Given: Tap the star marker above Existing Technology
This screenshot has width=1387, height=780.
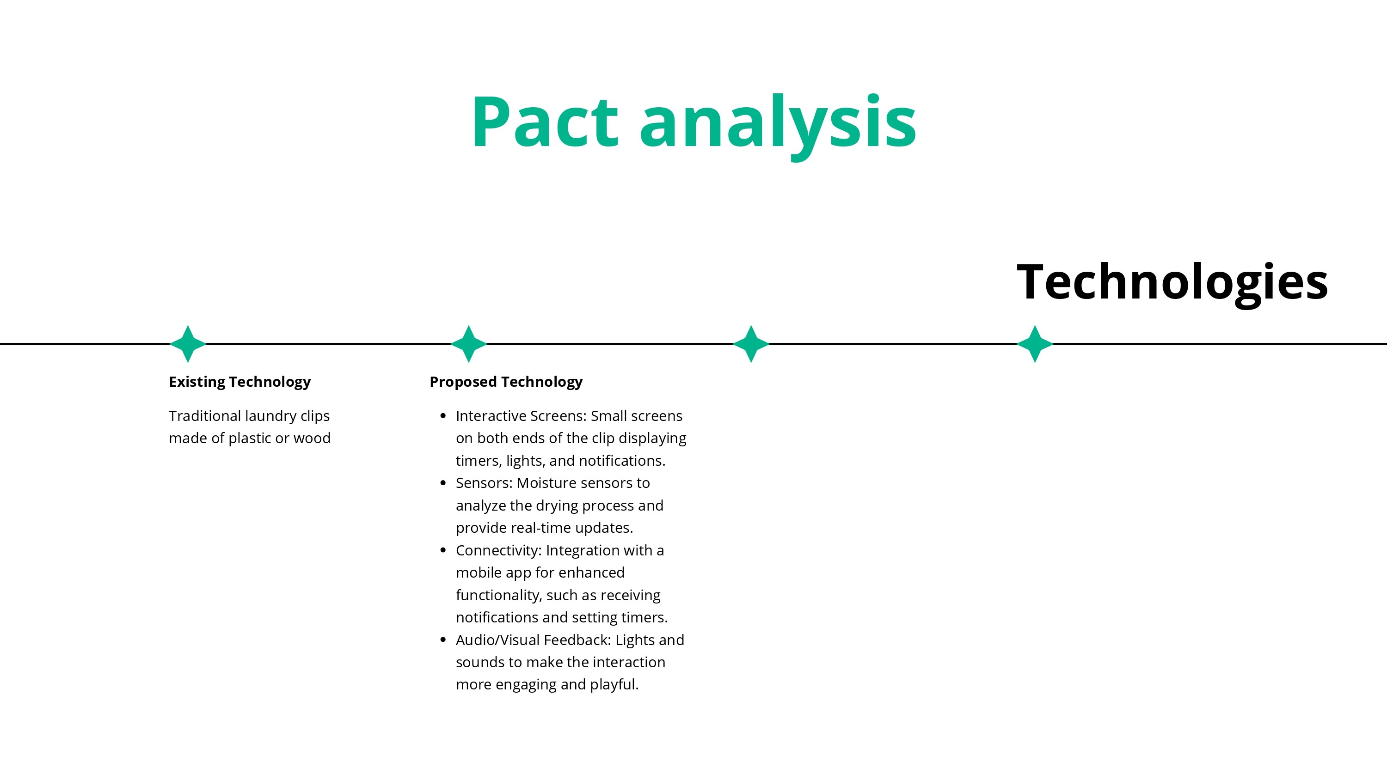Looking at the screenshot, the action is (188, 343).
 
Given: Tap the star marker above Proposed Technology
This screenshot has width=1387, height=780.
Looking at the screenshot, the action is (468, 343).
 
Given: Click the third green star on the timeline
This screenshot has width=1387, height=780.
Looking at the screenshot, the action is (751, 343).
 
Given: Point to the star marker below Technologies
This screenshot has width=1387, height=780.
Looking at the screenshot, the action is (1034, 343).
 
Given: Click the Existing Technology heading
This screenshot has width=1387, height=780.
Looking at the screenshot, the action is (239, 382).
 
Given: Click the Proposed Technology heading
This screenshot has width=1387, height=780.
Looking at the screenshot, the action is (506, 382).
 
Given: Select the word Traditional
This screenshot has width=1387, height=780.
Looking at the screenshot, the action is (205, 416).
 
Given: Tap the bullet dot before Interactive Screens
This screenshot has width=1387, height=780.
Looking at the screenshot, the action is (443, 415).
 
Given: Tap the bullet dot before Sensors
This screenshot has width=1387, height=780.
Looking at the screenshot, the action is (443, 483).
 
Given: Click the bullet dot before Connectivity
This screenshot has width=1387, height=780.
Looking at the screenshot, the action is (443, 550).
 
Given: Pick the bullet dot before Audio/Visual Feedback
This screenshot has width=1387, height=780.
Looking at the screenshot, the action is (443, 640).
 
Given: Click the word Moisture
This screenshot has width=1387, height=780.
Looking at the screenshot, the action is (546, 483).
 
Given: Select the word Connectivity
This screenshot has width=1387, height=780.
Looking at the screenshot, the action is (498, 551).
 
